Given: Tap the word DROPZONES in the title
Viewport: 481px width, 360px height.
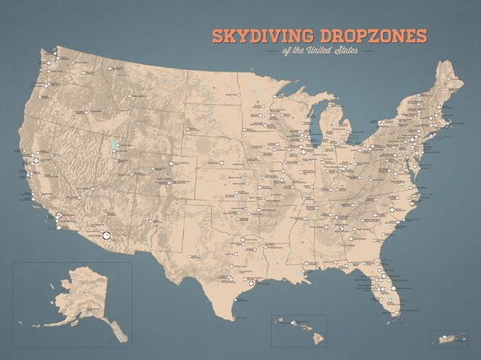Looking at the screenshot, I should point(371,36).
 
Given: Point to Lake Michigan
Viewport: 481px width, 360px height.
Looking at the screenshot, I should point(312,135).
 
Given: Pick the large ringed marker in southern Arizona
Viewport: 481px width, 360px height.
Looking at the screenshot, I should point(106,237).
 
